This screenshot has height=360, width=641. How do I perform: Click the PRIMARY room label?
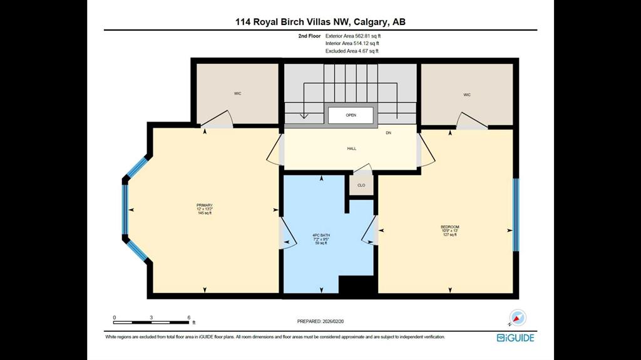pos(205,205)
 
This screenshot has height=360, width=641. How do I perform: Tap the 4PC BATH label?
pos(321,235)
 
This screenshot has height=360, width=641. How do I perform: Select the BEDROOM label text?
pos(449,227)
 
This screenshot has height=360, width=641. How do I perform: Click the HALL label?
pos(352,148)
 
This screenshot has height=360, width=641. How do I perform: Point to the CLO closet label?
pos(361,185)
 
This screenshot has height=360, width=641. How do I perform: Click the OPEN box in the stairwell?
pos(351,115)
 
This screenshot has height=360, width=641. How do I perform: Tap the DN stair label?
pos(388,133)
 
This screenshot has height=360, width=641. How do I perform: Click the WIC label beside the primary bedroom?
pos(237,94)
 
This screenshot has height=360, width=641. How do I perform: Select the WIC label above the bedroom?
pos(467,95)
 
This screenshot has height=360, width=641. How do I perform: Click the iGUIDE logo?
pos(516,338)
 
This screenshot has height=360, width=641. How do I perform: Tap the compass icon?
pos(517,318)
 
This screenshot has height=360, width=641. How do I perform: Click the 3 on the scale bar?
pos(151,317)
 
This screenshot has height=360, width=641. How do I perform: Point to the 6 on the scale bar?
pos(189,317)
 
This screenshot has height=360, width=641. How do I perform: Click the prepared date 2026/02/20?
pos(333,322)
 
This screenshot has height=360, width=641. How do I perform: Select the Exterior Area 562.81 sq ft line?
pos(353,36)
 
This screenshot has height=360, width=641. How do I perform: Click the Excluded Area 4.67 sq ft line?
pos(352,51)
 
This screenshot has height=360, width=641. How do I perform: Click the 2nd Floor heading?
pos(309,36)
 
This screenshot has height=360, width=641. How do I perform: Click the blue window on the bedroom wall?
pos(516,215)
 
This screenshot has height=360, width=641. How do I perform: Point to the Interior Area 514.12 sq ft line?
pos(352,43)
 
